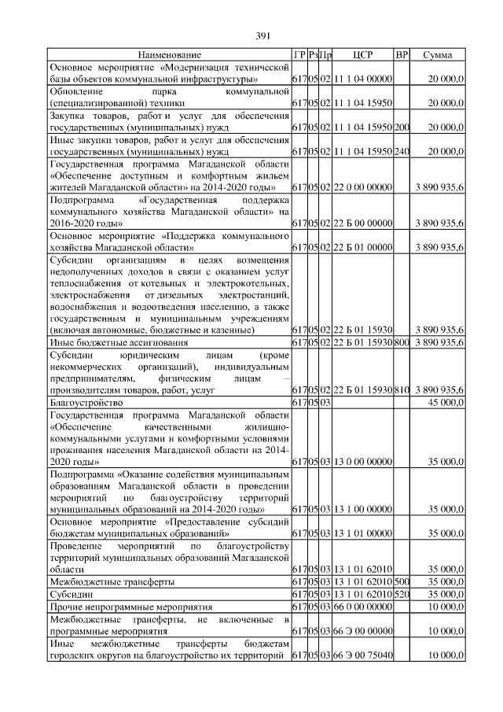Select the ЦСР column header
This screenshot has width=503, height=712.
(362, 55)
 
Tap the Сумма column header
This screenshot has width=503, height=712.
(437, 55)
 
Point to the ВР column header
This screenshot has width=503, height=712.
(402, 55)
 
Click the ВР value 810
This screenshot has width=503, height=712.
(402, 390)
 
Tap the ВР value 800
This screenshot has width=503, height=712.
(402, 343)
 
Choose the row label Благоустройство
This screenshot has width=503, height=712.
(85, 403)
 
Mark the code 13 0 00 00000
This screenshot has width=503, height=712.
(362, 463)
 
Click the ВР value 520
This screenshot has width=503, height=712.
(402, 595)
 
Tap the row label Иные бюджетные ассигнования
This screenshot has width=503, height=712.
(119, 343)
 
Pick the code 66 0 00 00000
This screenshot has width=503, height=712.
(362, 607)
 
